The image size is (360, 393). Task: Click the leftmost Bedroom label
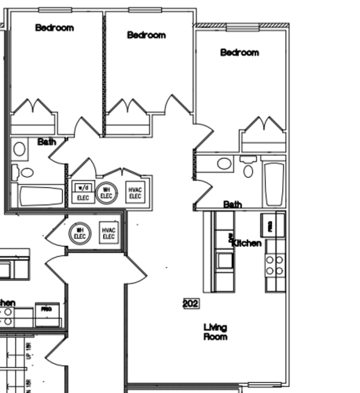click(54, 28)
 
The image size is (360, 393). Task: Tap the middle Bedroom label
click(146, 35)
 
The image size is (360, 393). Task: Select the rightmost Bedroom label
click(239, 53)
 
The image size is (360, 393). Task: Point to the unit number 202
click(190, 303)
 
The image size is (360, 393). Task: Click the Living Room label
click(215, 332)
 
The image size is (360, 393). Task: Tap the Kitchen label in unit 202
click(246, 244)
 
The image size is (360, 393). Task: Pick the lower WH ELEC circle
click(79, 233)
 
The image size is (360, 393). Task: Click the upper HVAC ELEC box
click(134, 193)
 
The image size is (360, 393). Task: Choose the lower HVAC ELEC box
click(108, 233)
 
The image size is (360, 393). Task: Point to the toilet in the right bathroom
click(248, 170)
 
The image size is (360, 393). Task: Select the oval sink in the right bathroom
click(224, 164)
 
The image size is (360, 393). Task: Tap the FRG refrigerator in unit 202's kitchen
click(271, 225)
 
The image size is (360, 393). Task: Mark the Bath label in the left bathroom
click(46, 142)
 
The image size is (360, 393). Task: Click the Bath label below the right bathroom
click(233, 204)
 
